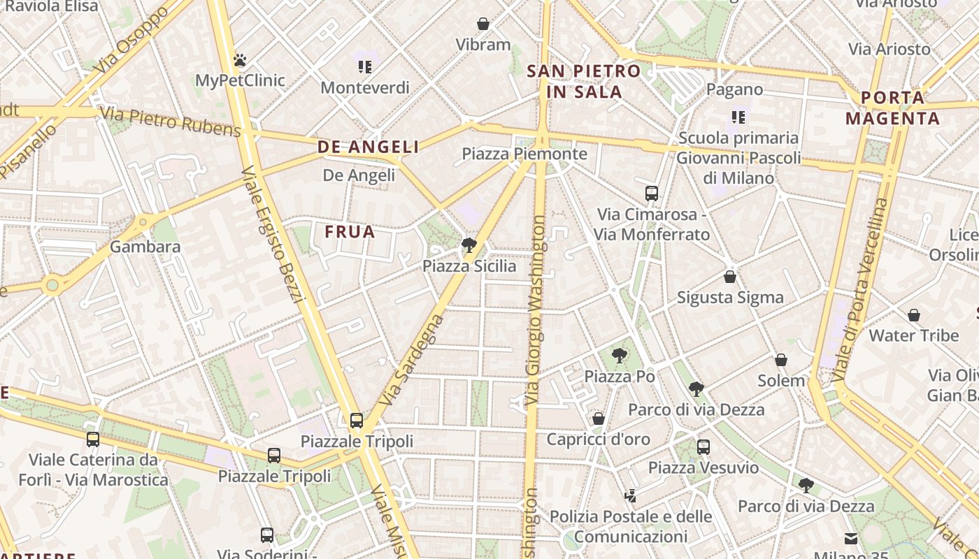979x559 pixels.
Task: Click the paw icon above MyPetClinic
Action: pyautogui.click(x=240, y=60)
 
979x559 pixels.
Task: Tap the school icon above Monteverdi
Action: pyautogui.click(x=364, y=67)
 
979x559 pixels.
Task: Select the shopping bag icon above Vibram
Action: pyautogui.click(x=483, y=24)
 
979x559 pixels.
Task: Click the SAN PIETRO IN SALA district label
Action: pyautogui.click(x=583, y=81)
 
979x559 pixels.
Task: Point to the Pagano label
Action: pyautogui.click(x=734, y=89)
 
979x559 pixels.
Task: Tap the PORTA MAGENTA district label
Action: pyautogui.click(x=892, y=108)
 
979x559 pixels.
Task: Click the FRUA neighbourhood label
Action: pyautogui.click(x=350, y=231)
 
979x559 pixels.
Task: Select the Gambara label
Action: pyautogui.click(x=145, y=247)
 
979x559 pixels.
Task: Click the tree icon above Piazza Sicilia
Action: pyautogui.click(x=469, y=245)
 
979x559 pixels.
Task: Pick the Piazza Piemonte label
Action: pyautogui.click(x=524, y=154)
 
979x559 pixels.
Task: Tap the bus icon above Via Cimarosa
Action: pyautogui.click(x=652, y=194)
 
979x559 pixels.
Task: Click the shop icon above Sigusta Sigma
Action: pyautogui.click(x=730, y=277)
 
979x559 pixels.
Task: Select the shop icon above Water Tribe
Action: pyautogui.click(x=913, y=315)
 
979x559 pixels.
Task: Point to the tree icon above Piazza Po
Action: pyautogui.click(x=619, y=356)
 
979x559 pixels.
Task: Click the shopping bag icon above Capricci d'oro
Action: pyautogui.click(x=598, y=419)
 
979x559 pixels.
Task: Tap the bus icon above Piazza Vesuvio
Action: pyautogui.click(x=703, y=447)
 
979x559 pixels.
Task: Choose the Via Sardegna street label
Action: pyautogui.click(x=411, y=361)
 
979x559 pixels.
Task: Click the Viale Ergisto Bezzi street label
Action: pyautogui.click(x=273, y=235)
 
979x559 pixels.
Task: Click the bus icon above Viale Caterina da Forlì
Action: pyautogui.click(x=93, y=440)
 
